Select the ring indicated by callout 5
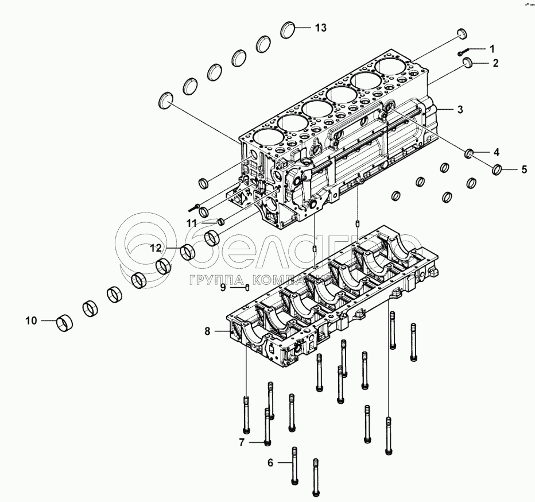point(498,169)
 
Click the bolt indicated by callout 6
point(295,465)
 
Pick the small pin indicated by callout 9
point(247,288)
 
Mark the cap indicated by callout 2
point(466,64)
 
